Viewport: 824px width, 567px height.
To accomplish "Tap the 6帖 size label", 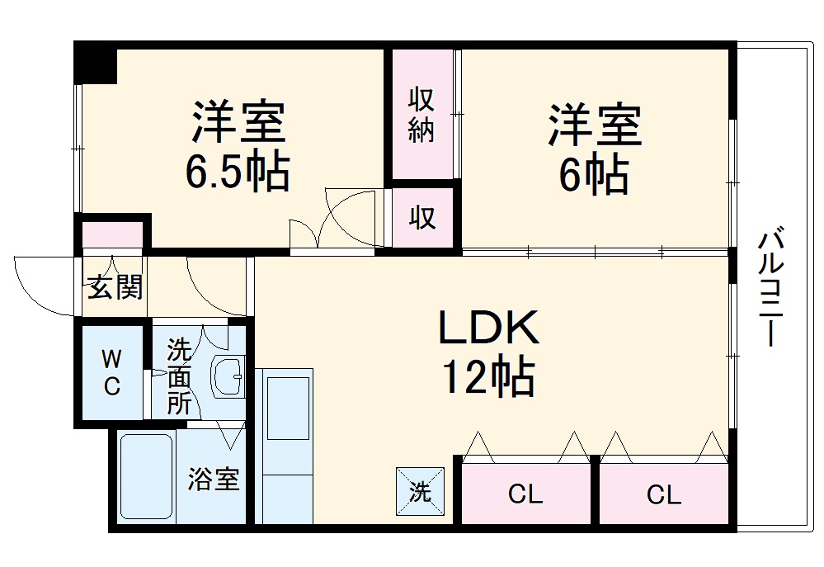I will [594, 172].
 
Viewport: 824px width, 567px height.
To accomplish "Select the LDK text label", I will [487, 328].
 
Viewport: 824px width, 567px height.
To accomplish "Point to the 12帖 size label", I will [487, 378].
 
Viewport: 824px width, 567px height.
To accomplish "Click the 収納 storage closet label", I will [421, 115].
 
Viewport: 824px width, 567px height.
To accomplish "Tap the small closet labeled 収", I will [422, 218].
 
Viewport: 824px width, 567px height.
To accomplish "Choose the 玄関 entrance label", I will [115, 286].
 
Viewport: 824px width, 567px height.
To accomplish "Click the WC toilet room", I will [111, 372].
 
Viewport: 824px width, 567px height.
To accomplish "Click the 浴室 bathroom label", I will [214, 479].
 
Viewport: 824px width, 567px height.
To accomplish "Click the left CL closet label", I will [525, 495].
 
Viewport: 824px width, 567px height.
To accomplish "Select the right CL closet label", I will [663, 495].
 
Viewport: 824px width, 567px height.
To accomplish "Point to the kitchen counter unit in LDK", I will [285, 446].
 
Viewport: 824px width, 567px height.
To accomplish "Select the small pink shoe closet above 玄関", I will [112, 234].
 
